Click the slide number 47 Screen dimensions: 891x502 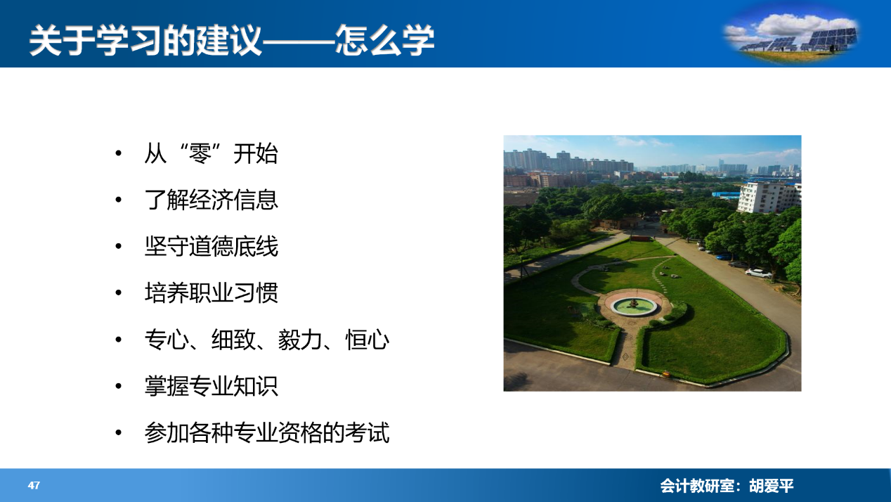tap(34, 485)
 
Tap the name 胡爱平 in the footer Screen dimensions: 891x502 tap(772, 486)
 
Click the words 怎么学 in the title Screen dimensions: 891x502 tap(384, 40)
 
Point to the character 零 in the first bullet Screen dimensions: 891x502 tap(200, 153)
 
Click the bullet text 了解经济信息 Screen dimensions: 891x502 tap(212, 200)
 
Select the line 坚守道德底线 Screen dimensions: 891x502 tap(212, 246)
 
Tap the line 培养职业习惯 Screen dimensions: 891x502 tap(212, 293)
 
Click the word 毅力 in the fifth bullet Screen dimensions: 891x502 tap(300, 340)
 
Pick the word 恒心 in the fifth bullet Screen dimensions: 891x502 tap(367, 340)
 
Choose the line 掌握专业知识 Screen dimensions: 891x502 tap(212, 386)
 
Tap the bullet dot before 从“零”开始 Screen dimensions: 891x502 tap(118, 153)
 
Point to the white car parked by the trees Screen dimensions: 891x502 tap(758, 273)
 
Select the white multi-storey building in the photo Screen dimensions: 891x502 tap(769, 197)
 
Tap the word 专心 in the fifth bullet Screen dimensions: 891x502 tap(167, 340)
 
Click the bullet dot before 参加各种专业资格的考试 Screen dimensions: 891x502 tap(118, 432)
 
